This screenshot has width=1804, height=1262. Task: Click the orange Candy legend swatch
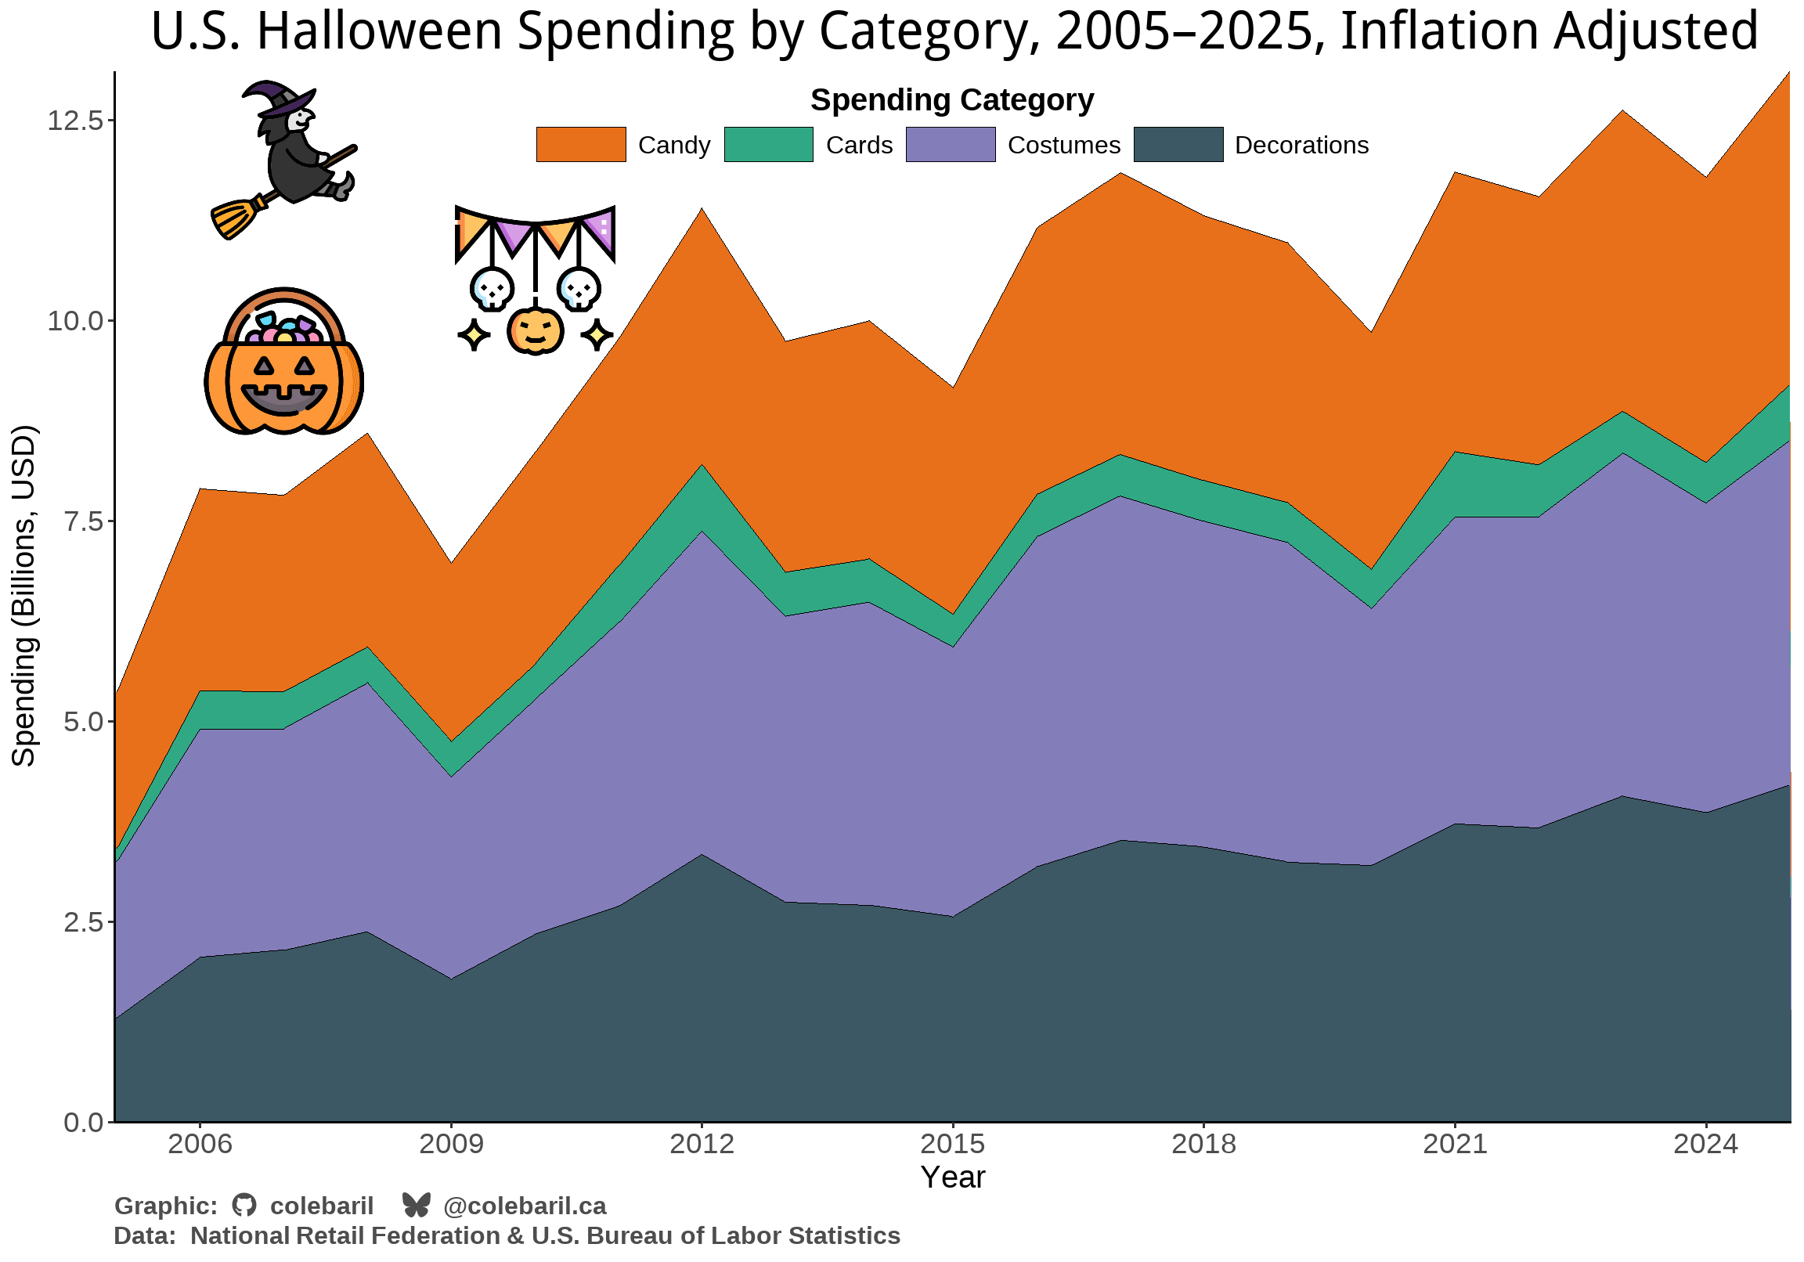coord(581,145)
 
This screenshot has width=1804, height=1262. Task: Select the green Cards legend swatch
coord(768,145)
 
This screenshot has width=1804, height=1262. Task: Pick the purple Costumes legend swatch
coord(951,145)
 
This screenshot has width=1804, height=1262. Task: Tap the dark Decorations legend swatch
coord(1178,145)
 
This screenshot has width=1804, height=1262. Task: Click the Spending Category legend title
coord(951,100)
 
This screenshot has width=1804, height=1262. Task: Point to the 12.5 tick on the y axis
coord(75,121)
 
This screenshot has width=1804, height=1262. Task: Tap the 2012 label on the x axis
coord(702,1144)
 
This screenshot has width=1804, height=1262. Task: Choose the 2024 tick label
coord(1705,1144)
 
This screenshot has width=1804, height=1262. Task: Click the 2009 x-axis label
coord(451,1144)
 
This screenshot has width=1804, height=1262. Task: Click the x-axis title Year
coord(952,1177)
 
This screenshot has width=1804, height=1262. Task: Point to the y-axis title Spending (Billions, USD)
coord(23,596)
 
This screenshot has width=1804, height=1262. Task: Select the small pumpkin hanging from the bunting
coord(535,331)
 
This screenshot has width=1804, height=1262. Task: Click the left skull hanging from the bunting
coord(492,288)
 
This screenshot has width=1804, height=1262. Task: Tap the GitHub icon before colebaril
coord(244,1206)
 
